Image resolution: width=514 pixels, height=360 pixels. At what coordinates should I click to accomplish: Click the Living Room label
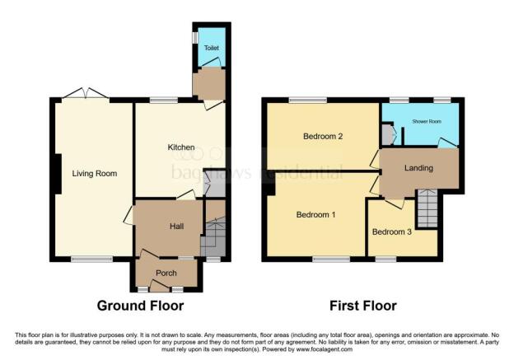coord(94,174)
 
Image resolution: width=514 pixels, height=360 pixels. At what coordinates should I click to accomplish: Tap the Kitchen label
coord(181,147)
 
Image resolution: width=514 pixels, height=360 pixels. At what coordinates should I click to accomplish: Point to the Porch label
coord(166,273)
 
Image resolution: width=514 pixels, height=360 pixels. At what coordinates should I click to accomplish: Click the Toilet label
coord(212,49)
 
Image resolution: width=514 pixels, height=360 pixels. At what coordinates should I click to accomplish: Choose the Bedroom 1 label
coord(315,215)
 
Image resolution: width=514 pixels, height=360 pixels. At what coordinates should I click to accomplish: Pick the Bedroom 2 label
coord(323,137)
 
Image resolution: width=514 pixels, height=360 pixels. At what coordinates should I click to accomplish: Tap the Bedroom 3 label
coord(391,231)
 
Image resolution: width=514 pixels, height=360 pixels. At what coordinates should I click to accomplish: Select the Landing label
coord(418,168)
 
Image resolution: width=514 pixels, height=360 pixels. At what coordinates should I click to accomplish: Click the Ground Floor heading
coord(140,306)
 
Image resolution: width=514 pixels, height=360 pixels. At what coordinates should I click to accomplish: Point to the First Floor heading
coord(363,306)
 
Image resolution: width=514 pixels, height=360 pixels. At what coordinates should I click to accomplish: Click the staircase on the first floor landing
coord(428,208)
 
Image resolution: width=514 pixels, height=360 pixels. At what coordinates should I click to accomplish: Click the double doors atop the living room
coord(82,96)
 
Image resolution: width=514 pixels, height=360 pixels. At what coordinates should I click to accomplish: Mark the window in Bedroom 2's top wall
coord(307,101)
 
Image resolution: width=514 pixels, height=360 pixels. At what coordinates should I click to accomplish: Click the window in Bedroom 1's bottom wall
coord(330,259)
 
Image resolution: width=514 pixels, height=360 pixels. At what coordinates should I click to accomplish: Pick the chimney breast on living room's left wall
coord(54,173)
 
